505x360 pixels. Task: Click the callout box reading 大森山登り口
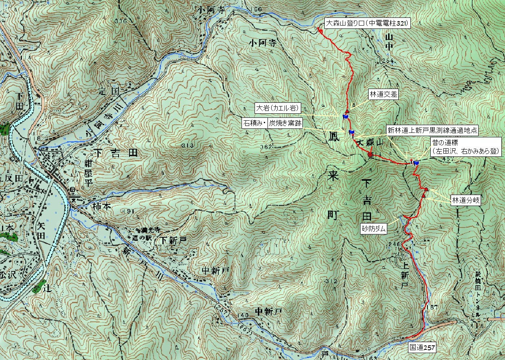click(x=368, y=24)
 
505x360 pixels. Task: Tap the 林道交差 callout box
click(x=383, y=95)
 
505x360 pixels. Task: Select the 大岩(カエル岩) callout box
click(x=277, y=108)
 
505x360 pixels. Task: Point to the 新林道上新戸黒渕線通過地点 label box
click(x=432, y=130)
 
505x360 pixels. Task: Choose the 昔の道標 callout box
click(x=466, y=147)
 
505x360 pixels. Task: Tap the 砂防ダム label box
click(x=374, y=229)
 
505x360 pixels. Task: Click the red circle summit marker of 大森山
click(x=370, y=154)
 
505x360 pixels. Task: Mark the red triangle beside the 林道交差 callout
click(x=347, y=111)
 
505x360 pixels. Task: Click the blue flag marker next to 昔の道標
click(x=417, y=163)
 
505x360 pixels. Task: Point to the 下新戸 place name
click(x=173, y=240)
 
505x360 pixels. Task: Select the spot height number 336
click(x=121, y=21)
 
